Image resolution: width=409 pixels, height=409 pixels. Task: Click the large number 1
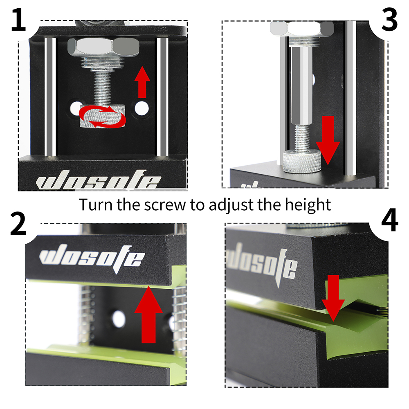point(19,19)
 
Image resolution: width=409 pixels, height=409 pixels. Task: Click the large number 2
point(18,223)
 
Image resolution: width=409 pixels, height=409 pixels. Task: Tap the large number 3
point(389,19)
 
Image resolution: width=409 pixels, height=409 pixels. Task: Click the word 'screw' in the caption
point(165,205)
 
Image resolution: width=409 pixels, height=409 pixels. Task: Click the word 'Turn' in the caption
point(96,204)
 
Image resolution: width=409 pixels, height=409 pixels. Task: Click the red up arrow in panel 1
point(142,82)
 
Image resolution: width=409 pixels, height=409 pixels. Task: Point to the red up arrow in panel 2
point(148,314)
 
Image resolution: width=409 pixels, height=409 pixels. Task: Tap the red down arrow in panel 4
point(333,298)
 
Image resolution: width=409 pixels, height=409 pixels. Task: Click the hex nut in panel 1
point(103,47)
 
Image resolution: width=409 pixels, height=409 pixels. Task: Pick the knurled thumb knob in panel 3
point(302,162)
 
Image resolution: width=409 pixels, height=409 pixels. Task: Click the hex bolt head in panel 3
point(302,29)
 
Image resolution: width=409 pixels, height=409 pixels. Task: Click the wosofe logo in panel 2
point(92,258)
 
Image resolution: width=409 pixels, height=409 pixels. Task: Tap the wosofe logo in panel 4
point(261,263)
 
